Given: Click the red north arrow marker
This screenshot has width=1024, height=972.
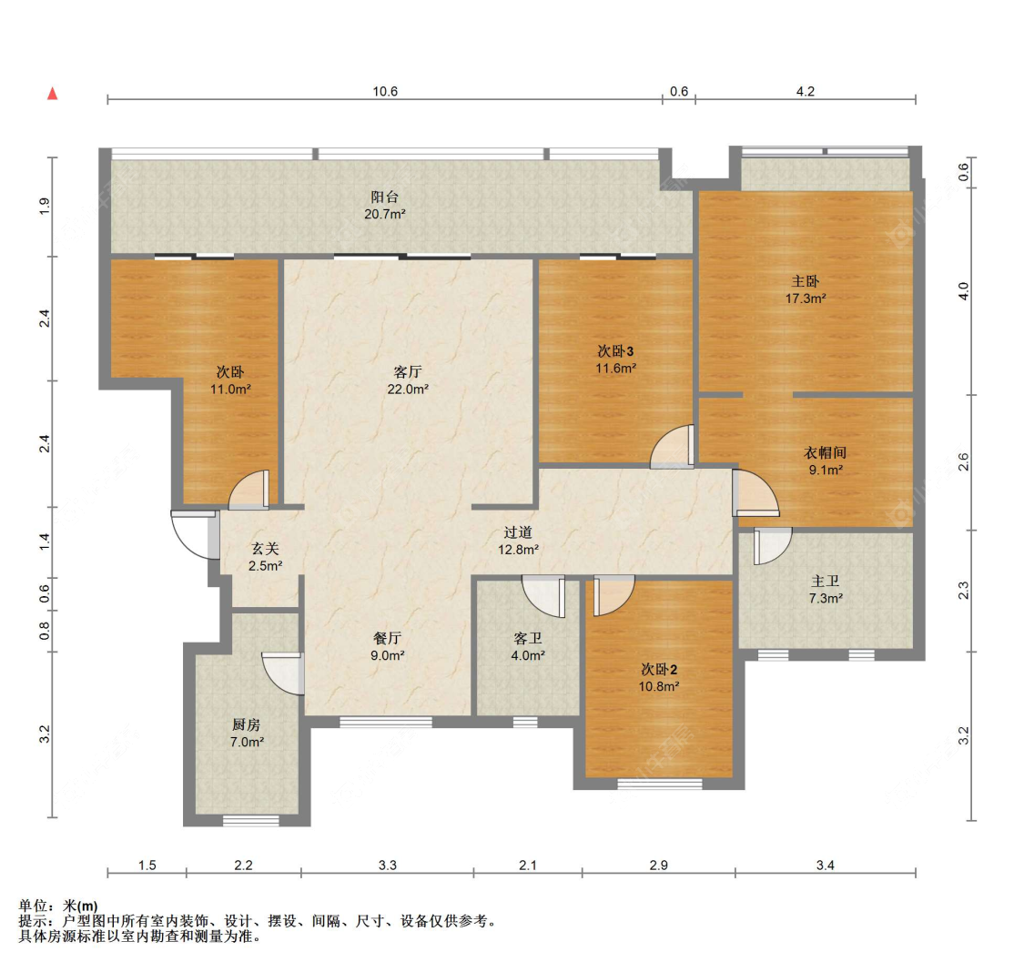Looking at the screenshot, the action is click(x=52, y=94).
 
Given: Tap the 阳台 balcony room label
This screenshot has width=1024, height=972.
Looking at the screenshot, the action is click(x=385, y=197).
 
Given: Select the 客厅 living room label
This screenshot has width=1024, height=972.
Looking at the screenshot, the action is click(x=408, y=372).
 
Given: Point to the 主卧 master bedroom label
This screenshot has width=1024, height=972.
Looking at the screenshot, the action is click(x=806, y=281).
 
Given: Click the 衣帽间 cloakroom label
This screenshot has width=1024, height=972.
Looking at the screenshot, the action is click(x=825, y=452).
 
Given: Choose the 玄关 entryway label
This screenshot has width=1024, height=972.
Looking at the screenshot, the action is click(x=265, y=549).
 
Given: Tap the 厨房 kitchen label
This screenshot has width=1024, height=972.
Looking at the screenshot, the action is click(x=246, y=724).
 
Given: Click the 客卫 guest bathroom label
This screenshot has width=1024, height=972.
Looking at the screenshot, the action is click(x=528, y=638).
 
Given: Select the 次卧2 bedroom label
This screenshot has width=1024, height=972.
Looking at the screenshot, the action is click(x=659, y=669).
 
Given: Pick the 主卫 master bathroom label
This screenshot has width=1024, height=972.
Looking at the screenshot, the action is click(x=825, y=581).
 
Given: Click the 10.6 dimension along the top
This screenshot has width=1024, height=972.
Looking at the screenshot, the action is click(x=385, y=91).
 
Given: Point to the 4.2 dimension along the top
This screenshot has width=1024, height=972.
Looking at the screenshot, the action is click(x=806, y=91).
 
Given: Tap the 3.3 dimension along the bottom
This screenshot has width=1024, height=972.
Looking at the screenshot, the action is click(x=387, y=865).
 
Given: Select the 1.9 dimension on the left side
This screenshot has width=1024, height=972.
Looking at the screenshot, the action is click(x=45, y=207).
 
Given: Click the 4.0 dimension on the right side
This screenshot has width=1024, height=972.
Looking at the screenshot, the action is click(x=963, y=291).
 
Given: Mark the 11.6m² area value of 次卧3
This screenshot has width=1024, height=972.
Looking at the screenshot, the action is click(x=616, y=369).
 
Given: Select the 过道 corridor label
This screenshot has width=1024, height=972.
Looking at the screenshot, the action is click(x=518, y=532).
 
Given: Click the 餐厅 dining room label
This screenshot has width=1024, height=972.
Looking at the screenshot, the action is click(x=387, y=638).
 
